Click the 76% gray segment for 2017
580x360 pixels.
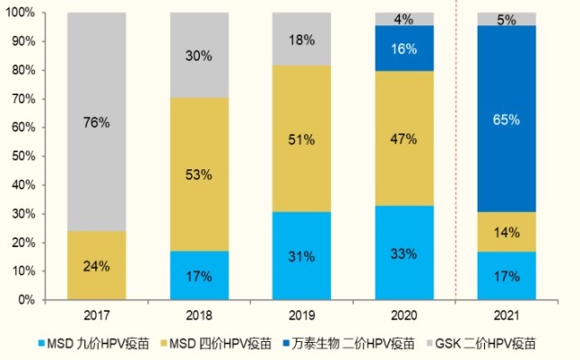tap(96, 122)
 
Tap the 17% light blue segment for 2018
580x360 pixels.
tap(199, 275)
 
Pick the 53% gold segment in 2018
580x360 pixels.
tap(199, 175)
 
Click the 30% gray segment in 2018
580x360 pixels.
tap(199, 56)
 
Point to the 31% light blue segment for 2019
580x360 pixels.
tap(302, 255)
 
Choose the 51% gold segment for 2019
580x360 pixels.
tap(302, 139)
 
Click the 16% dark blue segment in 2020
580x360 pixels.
tap(404, 49)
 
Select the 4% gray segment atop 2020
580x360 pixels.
tap(404, 19)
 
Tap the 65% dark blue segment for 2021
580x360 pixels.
tap(507, 118)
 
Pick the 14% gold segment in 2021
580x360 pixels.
tap(507, 232)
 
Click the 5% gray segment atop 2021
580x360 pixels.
tap(507, 19)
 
